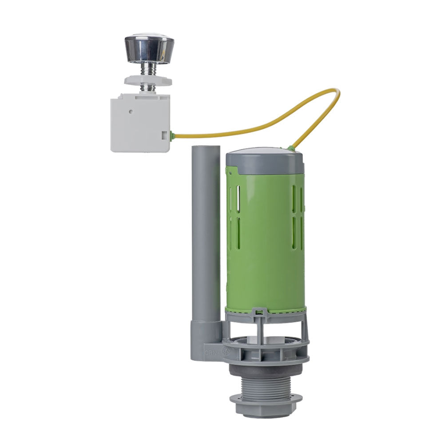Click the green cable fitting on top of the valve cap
pyautogui.click(x=291, y=148)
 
